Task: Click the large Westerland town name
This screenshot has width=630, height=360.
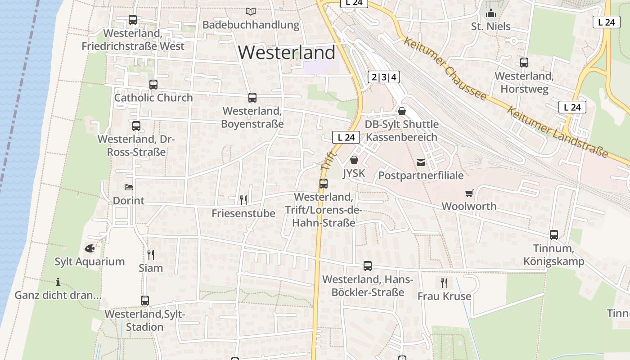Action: click(287, 53)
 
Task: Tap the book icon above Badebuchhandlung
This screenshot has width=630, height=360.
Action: click(250, 11)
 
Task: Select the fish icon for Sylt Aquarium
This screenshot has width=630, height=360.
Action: click(90, 248)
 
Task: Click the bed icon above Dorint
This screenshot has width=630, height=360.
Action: click(129, 187)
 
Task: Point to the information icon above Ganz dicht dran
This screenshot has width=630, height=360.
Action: click(58, 282)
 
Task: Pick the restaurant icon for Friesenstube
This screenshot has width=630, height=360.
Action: click(243, 199)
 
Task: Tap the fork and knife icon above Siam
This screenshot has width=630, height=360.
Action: click(151, 254)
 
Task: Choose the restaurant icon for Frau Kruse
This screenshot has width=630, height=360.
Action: click(444, 283)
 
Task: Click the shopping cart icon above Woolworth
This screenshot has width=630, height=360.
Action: click(469, 193)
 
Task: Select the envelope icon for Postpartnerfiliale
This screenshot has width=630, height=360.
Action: click(421, 162)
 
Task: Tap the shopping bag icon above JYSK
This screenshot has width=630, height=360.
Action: click(354, 160)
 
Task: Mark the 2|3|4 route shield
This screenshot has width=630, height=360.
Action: click(384, 77)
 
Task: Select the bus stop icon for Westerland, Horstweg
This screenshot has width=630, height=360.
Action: click(524, 63)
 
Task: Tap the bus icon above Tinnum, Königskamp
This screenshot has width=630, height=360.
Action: click(554, 235)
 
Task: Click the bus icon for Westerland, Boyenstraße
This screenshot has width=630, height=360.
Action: click(252, 98)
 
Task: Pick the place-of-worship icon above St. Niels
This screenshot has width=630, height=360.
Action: click(491, 13)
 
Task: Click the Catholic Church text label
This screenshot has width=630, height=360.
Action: click(153, 98)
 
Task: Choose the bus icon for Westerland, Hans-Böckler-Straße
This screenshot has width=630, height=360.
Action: click(368, 266)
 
